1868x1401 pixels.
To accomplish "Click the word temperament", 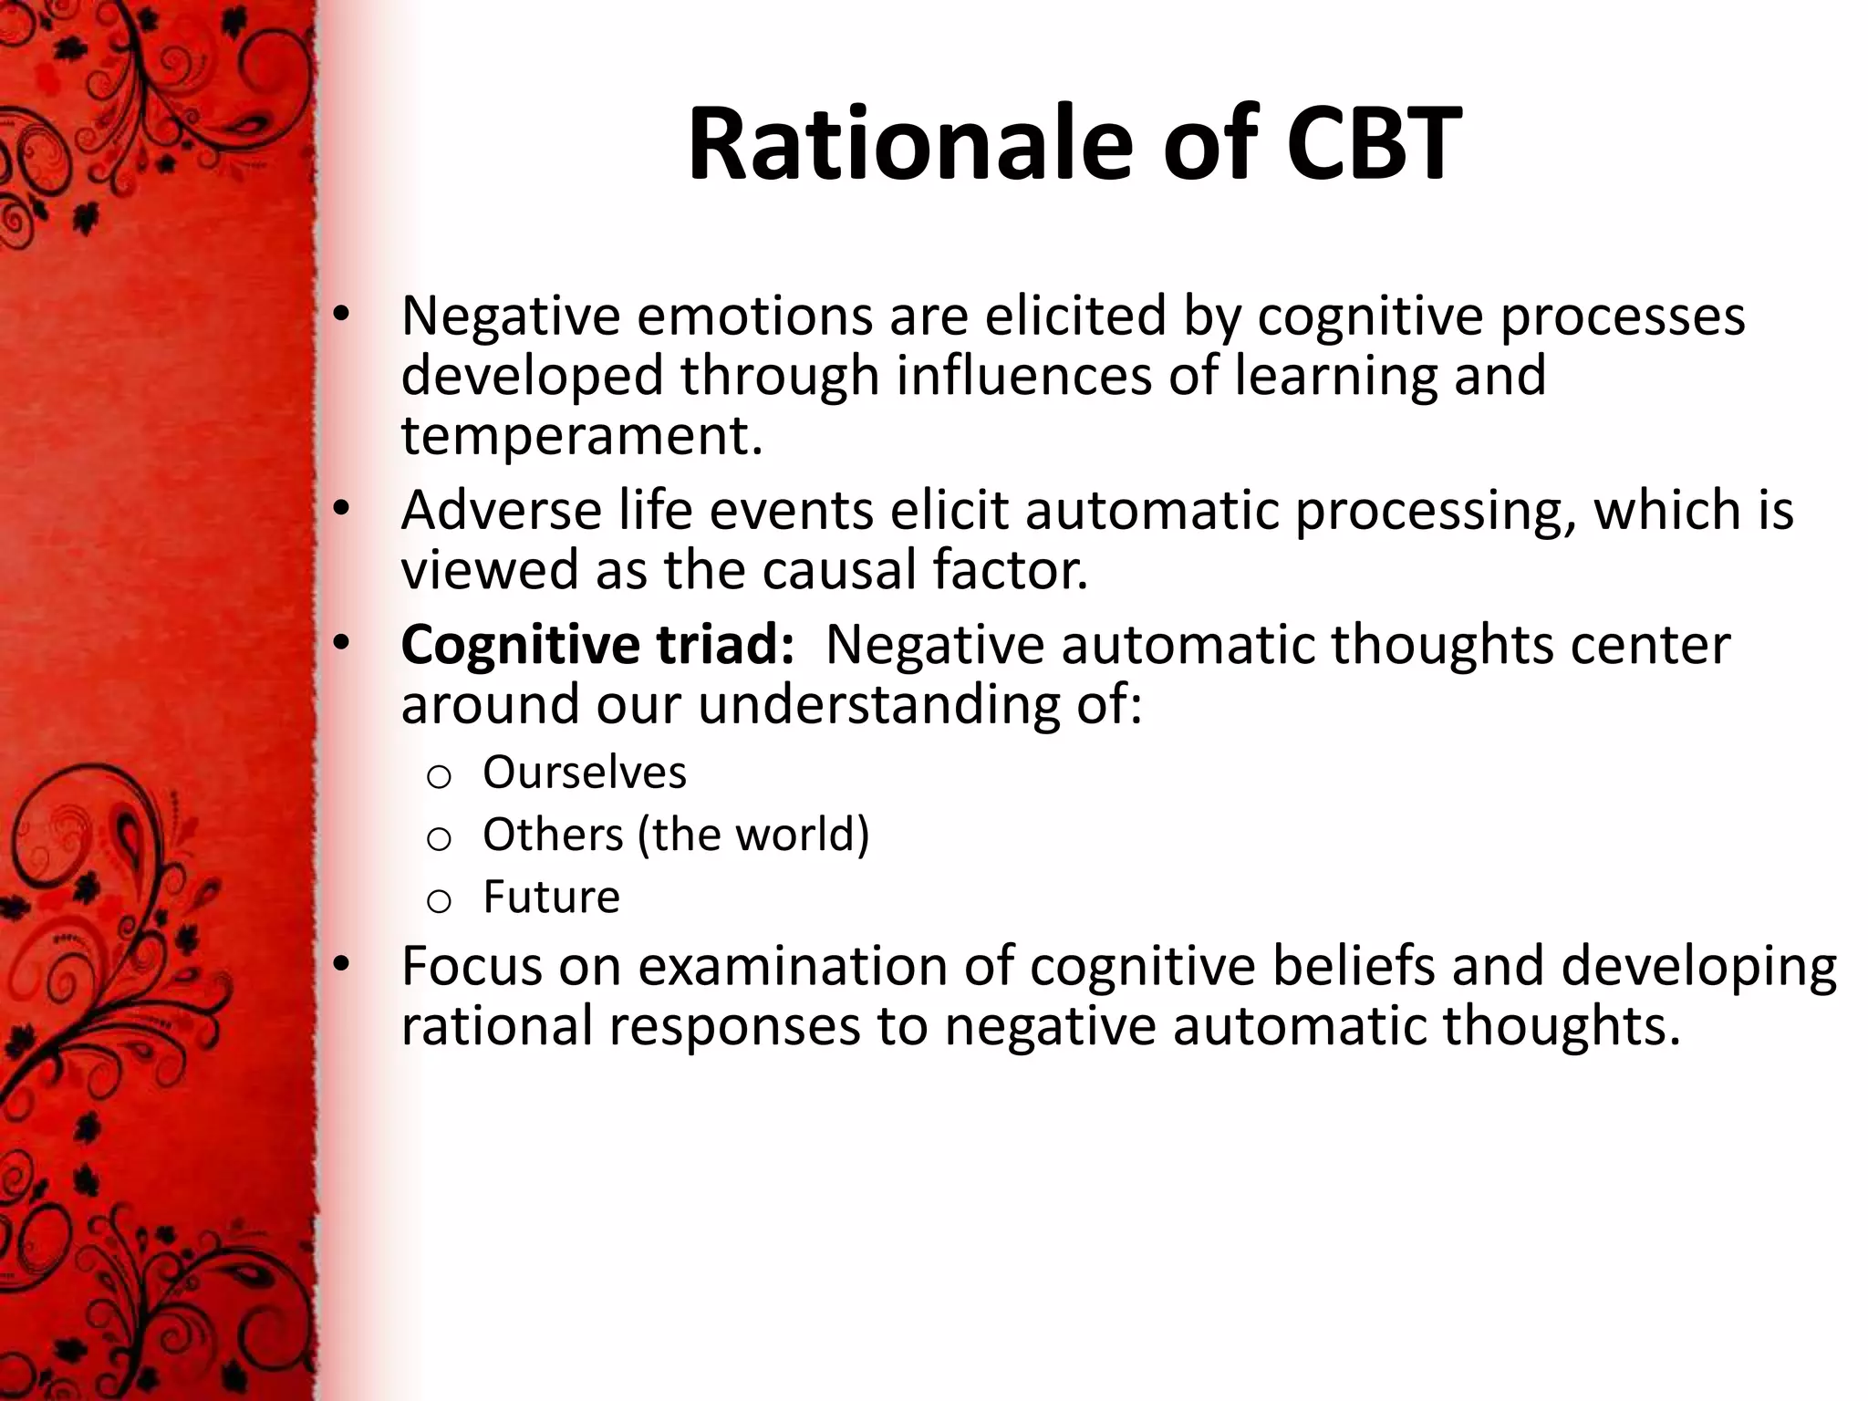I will tap(580, 436).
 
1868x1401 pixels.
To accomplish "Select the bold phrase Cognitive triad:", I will tap(597, 644).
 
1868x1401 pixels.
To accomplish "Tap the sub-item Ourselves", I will tap(584, 773).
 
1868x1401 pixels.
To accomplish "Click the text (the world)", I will tap(753, 835).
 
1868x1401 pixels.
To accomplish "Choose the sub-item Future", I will tap(551, 897).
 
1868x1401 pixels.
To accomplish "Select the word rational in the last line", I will tap(497, 1026).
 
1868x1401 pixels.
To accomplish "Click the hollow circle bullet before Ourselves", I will tap(439, 776).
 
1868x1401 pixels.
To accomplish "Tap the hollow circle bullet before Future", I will tap(439, 901).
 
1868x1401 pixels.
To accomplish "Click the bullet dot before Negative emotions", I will tap(340, 316).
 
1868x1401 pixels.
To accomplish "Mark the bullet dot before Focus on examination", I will tap(340, 965).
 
